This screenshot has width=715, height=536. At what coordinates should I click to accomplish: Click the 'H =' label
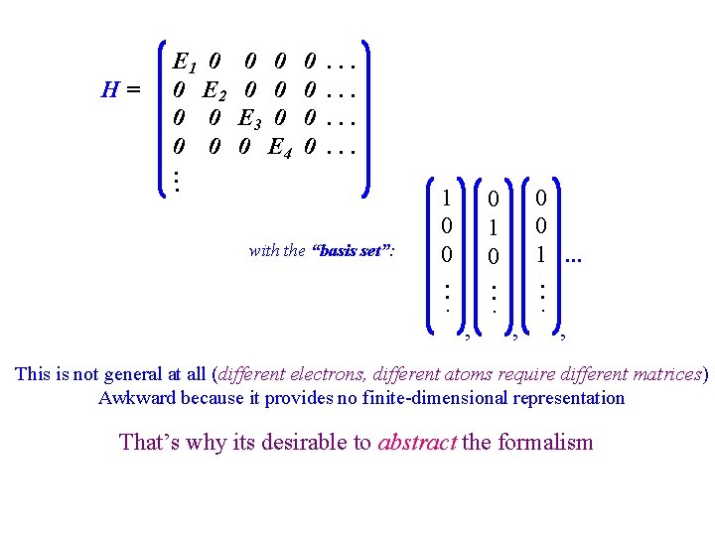121,90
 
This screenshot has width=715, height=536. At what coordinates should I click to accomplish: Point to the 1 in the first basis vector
448,197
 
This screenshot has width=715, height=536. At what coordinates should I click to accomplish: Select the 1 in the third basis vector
541,254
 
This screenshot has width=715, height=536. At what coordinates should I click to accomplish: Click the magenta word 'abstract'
417,442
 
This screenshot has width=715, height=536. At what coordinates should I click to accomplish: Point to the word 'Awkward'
133,398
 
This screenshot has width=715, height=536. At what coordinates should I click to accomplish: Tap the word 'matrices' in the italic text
667,374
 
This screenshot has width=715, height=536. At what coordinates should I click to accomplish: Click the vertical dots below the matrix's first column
176,180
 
